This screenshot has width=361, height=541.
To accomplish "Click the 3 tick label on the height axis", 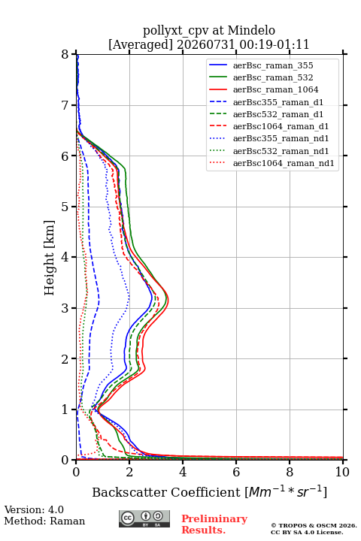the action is click(65, 308).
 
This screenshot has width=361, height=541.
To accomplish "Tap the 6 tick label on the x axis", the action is click(236, 472).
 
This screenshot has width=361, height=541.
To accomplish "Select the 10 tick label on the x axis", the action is click(342, 472).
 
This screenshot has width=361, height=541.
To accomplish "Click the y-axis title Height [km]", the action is click(49, 258).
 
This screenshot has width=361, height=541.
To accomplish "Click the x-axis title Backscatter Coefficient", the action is click(165, 492).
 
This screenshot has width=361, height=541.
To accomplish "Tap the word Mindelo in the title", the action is click(251, 30).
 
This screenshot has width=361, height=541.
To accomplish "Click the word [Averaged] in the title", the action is click(140, 44).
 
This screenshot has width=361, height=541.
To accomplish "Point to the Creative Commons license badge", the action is click(144, 518).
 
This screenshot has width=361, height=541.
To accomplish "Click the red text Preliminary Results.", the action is click(214, 524).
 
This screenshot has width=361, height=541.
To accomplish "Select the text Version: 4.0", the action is click(34, 509).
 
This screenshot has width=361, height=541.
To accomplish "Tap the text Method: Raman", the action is click(44, 521).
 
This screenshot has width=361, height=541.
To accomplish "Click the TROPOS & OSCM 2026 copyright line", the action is click(314, 525).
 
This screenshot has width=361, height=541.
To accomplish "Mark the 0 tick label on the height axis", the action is click(65, 461).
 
